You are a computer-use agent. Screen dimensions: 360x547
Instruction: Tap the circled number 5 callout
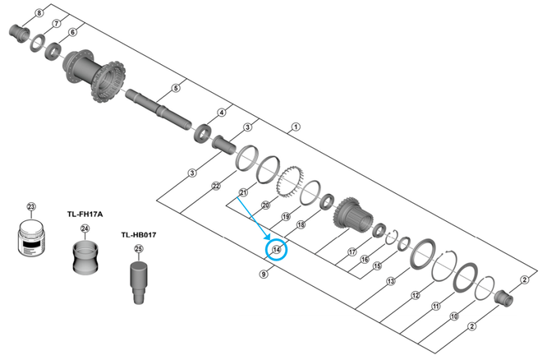pyautogui.click(x=175, y=88)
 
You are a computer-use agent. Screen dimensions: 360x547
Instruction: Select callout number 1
pyautogui.click(x=296, y=127)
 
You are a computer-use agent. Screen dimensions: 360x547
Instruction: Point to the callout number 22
pyautogui.click(x=214, y=187)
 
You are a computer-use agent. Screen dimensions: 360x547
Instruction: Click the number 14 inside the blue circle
pyautogui.click(x=276, y=249)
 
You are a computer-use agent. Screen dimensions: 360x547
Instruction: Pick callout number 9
pyautogui.click(x=264, y=274)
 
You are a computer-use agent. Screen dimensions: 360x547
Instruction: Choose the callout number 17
pyautogui.click(x=352, y=252)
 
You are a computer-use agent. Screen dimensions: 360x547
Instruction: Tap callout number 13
pyautogui.click(x=391, y=281)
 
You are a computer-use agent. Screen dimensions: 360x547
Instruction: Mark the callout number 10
pyautogui.click(x=454, y=316)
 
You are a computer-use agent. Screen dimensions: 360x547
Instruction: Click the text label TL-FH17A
pyautogui.click(x=85, y=214)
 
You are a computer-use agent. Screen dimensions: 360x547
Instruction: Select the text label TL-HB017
pyautogui.click(x=138, y=235)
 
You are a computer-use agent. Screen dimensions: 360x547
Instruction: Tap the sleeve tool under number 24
pyautogui.click(x=85, y=256)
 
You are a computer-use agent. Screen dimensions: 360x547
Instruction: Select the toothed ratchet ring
pyautogui.click(x=289, y=178)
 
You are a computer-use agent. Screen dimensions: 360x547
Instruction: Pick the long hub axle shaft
pyautogui.click(x=156, y=105)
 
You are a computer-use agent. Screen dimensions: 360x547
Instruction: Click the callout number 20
pyautogui.click(x=265, y=205)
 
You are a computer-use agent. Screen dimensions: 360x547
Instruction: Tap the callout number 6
pyautogui.click(x=72, y=33)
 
